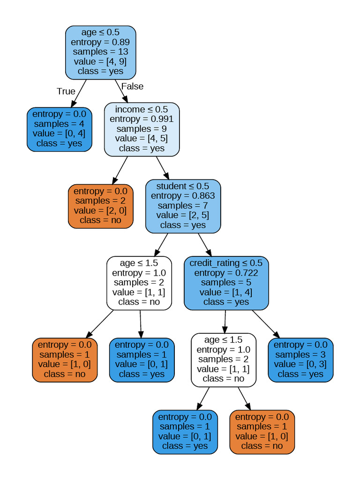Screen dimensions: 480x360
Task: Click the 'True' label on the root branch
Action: (x=66, y=91)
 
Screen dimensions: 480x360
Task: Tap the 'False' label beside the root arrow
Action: (x=132, y=86)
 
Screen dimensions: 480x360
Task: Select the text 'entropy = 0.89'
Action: (x=100, y=42)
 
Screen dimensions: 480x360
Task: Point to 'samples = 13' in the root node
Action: (x=100, y=52)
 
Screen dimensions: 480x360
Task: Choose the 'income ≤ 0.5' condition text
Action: (x=142, y=109)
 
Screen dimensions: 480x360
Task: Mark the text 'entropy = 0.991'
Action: (x=142, y=119)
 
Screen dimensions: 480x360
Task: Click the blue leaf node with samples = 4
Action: (x=59, y=129)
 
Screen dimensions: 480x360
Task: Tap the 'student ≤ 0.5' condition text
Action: (x=183, y=186)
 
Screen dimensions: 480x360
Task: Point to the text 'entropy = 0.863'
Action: (x=183, y=196)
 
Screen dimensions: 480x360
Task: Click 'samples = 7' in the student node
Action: (x=183, y=205)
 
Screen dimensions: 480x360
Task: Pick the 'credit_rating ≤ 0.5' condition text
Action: (x=226, y=263)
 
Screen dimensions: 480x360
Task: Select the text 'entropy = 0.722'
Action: (x=226, y=273)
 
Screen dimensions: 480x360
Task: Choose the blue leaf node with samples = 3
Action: (x=300, y=360)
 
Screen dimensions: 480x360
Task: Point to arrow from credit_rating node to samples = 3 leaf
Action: (x=266, y=324)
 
